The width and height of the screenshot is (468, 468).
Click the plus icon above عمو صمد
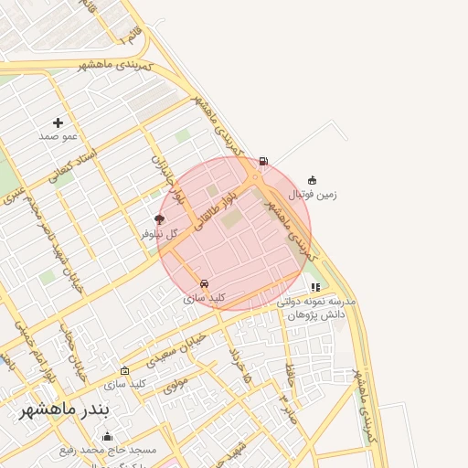click(x=58, y=122)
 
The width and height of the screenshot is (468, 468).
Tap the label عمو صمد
click(x=58, y=136)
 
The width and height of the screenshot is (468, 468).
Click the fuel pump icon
click(x=264, y=162)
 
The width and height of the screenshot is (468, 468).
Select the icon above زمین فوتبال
click(x=313, y=180)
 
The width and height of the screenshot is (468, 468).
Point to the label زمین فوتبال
click(x=313, y=194)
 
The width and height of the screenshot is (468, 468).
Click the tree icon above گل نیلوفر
click(x=160, y=219)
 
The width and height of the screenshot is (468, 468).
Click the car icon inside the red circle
click(x=204, y=284)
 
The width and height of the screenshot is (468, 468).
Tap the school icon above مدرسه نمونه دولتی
click(x=315, y=287)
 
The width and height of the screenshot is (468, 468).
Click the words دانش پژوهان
click(x=316, y=314)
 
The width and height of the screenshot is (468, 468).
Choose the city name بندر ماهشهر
click(x=64, y=408)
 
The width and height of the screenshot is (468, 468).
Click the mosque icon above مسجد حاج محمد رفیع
click(x=107, y=437)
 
